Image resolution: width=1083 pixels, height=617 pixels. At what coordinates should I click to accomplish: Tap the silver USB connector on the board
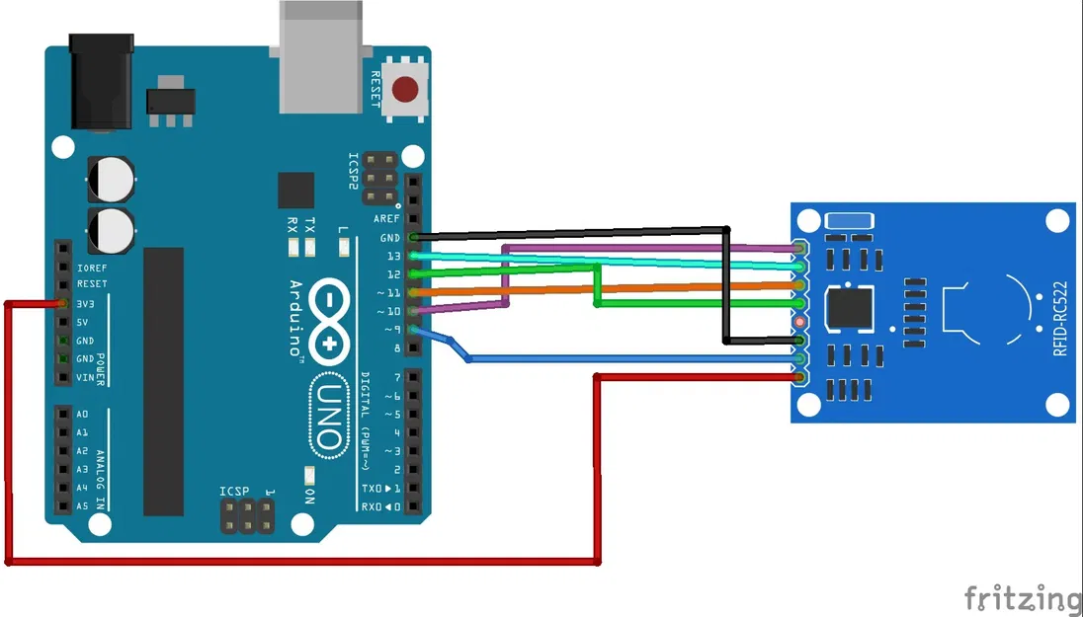[x=321, y=54]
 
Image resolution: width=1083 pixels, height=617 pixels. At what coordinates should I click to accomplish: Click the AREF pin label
[x=387, y=219]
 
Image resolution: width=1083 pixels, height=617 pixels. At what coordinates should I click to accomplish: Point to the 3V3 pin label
[x=85, y=304]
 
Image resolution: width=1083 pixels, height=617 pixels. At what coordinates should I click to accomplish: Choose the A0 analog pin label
[x=82, y=415]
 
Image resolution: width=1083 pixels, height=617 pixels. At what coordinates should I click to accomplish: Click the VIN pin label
[x=85, y=377]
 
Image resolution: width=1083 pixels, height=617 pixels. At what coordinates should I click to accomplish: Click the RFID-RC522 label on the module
[x=1059, y=319]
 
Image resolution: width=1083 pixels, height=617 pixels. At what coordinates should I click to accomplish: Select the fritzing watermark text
[x=1023, y=597]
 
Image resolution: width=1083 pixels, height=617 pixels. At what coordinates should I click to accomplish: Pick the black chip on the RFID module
[x=851, y=306]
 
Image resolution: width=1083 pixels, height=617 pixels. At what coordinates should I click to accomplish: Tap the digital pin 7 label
[x=396, y=377]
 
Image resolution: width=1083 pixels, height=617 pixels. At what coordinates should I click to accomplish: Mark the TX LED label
[x=310, y=224]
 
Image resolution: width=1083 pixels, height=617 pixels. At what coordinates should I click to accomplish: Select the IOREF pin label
[x=91, y=267]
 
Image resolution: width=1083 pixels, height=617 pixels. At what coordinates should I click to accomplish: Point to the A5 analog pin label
[x=82, y=506]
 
